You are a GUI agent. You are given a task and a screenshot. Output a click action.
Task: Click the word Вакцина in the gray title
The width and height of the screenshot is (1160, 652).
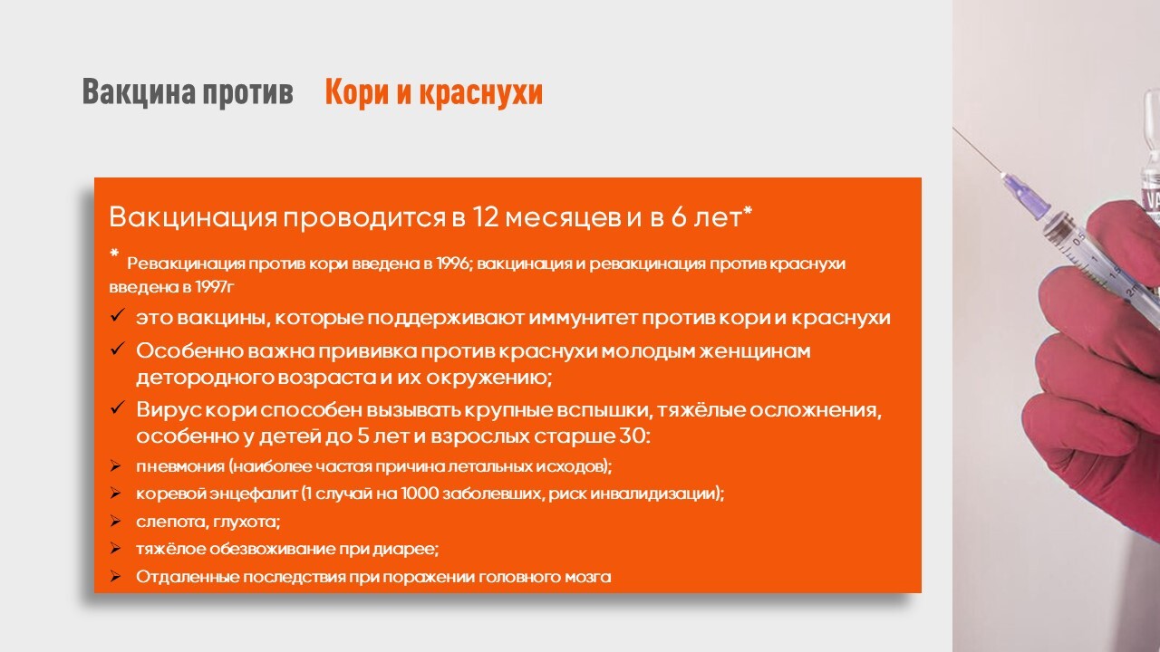pyautogui.click(x=139, y=92)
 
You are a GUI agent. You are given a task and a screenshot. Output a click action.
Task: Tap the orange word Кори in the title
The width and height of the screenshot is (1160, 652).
pyautogui.click(x=356, y=92)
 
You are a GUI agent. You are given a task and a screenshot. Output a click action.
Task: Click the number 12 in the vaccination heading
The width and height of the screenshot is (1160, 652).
pyautogui.click(x=485, y=216)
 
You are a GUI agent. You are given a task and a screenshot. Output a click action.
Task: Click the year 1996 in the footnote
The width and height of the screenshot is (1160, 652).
pyautogui.click(x=452, y=264)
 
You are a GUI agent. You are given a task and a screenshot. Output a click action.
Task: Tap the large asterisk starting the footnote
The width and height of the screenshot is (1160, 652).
pyautogui.click(x=114, y=253)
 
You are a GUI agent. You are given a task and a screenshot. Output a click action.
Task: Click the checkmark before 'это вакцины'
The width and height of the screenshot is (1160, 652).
pyautogui.click(x=118, y=314)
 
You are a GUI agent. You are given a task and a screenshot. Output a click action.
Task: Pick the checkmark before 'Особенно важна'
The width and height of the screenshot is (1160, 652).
pyautogui.click(x=118, y=349)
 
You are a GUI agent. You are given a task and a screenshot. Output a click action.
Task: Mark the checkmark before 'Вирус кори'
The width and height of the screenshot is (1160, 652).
pyautogui.click(x=118, y=407)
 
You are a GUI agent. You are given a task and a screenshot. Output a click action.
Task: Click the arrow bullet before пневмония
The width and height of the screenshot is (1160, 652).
pyautogui.click(x=115, y=466)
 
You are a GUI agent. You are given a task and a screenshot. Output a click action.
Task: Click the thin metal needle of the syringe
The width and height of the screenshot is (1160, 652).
pyautogui.click(x=977, y=151)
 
